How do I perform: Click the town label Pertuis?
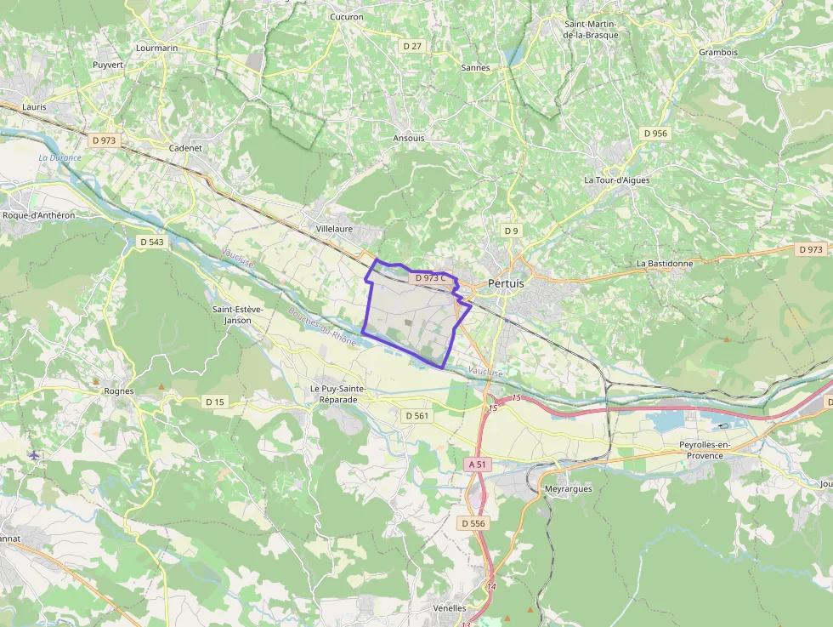pyautogui.click(x=506, y=283)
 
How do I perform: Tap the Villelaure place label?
pyautogui.click(x=334, y=229)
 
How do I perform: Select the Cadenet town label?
pyautogui.click(x=185, y=147)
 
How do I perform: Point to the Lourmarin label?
pyautogui.click(x=157, y=48)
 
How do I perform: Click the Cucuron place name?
pyautogui.click(x=346, y=17)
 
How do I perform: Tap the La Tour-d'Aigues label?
pyautogui.click(x=616, y=180)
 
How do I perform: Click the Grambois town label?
pyautogui.click(x=718, y=53)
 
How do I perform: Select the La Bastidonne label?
pyautogui.click(x=665, y=264)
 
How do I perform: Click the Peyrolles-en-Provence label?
pyautogui.click(x=712, y=450)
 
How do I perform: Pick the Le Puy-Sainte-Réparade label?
pyautogui.click(x=337, y=394)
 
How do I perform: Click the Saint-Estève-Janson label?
pyautogui.click(x=237, y=315)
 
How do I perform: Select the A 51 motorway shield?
pyautogui.click(x=479, y=465)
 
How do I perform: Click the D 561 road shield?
pyautogui.click(x=416, y=415)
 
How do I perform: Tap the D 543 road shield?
pyautogui.click(x=151, y=242)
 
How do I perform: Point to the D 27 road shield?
pyautogui.click(x=412, y=46)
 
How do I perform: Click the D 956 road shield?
pyautogui.click(x=655, y=134)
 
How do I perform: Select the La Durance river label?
pyautogui.click(x=60, y=158)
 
